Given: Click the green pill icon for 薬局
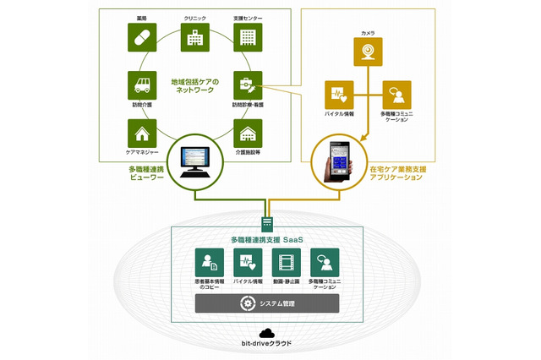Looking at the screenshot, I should [x=140, y=37].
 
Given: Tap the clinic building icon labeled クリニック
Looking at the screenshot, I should [x=195, y=37].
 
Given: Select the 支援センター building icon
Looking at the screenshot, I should [x=247, y=37].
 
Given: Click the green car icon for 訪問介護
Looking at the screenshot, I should [x=140, y=85].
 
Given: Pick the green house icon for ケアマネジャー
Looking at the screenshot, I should [x=140, y=133].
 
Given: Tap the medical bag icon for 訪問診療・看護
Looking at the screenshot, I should [x=247, y=85].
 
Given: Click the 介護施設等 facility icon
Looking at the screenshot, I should [x=247, y=133].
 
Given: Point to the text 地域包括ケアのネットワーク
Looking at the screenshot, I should [x=194, y=85].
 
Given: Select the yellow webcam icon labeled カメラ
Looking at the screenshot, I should [x=368, y=52].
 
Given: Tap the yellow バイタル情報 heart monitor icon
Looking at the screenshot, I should [x=339, y=94].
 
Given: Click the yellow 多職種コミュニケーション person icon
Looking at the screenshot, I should [x=396, y=94].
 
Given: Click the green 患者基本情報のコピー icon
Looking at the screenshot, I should [x=208, y=261].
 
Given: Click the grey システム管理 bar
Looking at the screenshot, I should [x=266, y=303].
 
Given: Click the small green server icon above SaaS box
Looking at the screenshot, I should [x=266, y=222].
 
